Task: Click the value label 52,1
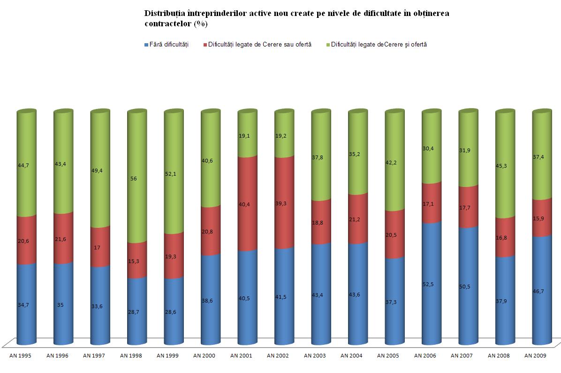pos(174,174)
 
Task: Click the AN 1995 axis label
pos(20,356)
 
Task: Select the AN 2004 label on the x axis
pos(351,356)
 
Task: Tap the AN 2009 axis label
pos(536,356)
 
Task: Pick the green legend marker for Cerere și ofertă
pos(328,45)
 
